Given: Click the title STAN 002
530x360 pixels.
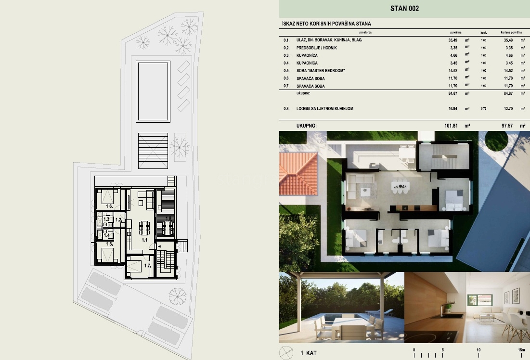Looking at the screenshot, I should [404, 8].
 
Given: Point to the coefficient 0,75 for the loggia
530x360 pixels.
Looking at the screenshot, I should [483, 109].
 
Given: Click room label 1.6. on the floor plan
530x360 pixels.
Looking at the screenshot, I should [109, 206].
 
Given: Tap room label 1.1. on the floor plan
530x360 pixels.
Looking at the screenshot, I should [144, 239].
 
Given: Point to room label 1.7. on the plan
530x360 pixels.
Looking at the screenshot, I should [148, 265].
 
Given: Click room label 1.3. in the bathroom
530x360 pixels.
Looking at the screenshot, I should [107, 219].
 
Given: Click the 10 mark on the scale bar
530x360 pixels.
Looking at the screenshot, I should [478, 350].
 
